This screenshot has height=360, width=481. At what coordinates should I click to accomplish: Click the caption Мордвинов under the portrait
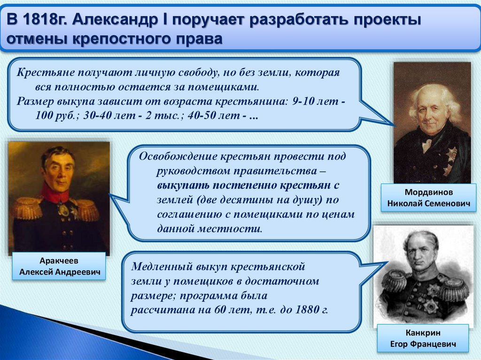[x=428, y=192]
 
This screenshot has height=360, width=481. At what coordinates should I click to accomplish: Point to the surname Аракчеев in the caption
[x=59, y=261]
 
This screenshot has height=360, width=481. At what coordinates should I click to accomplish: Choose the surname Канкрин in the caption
[x=423, y=333]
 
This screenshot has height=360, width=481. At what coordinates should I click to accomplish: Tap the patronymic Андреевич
[x=78, y=272]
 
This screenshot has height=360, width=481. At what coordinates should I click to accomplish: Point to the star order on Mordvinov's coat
[x=451, y=153]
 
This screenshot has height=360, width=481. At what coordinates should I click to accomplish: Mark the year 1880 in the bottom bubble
[x=307, y=310]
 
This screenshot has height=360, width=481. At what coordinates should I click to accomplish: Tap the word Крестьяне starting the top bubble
[x=46, y=73]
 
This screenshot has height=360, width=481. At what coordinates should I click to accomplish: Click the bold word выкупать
[x=183, y=185]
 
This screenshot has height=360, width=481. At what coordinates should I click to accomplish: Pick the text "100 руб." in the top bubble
[x=57, y=115]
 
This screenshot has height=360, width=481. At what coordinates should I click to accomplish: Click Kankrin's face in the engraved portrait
[x=423, y=258]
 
